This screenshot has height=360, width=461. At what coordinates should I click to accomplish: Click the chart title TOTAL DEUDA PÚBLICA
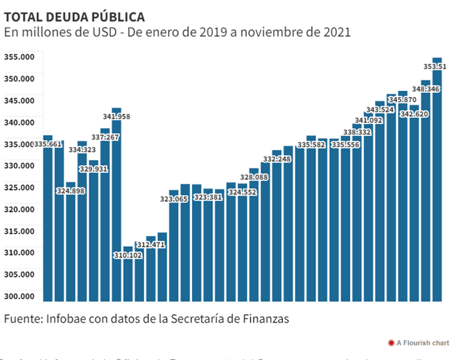75,16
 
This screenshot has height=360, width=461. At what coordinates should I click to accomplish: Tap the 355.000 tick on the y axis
19,56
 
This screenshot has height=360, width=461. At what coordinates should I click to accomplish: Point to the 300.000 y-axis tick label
19,296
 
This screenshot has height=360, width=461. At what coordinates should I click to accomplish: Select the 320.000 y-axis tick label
19,209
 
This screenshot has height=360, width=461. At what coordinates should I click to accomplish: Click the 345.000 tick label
19,100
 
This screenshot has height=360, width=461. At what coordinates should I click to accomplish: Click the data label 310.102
128,255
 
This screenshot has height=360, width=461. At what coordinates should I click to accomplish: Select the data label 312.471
150,245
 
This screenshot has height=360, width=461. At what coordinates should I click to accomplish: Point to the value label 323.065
174,199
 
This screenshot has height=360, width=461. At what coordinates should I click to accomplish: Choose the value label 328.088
254,177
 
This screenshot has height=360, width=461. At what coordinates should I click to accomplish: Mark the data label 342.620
415,113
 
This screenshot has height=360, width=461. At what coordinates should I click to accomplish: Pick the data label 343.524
380,110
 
